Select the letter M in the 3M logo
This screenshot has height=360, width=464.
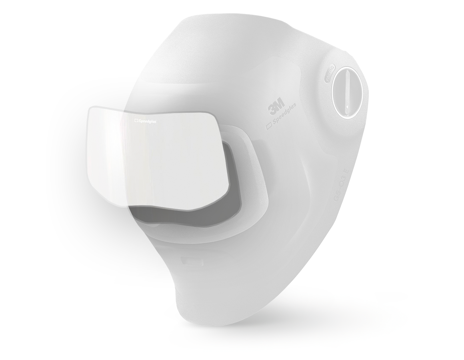pos(280,105)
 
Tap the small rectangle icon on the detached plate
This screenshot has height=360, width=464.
pos(135,119)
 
